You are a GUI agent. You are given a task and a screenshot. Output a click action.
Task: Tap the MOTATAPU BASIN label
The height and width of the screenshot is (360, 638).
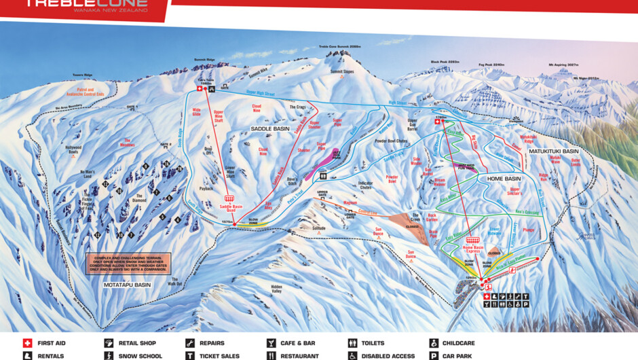[127, 285]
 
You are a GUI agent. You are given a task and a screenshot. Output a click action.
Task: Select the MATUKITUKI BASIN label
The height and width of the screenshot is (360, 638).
[554, 151]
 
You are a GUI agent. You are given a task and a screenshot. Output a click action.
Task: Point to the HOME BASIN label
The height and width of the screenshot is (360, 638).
[503, 179]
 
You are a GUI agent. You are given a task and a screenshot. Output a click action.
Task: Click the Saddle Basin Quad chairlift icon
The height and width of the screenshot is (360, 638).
[229, 199]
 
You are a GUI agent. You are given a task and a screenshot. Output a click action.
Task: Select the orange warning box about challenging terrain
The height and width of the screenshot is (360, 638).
[127, 264]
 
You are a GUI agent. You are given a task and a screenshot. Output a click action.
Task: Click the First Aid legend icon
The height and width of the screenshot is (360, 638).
[28, 344]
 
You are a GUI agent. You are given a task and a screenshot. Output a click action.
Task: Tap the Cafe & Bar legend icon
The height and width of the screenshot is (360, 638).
[271, 344]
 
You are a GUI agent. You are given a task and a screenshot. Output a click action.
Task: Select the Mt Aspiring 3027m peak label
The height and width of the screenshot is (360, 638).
[555, 65]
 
